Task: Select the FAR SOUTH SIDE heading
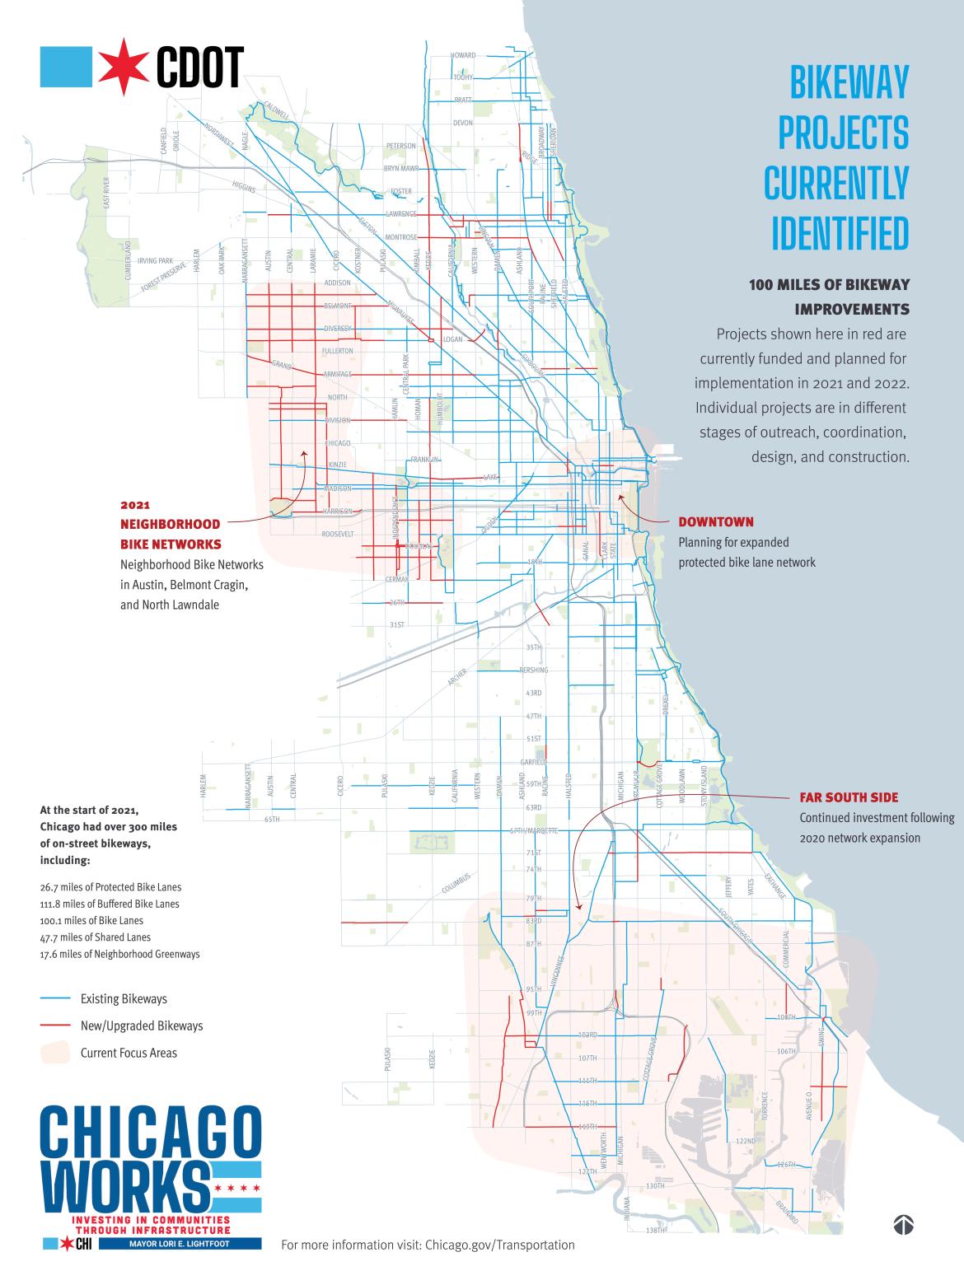tap(849, 798)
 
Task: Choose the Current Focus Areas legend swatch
tap(55, 1052)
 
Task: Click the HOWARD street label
tap(463, 55)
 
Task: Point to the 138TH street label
tap(655, 1254)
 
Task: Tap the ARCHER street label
tap(457, 677)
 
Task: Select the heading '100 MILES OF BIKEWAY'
tap(828, 285)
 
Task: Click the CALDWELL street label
tap(276, 111)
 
